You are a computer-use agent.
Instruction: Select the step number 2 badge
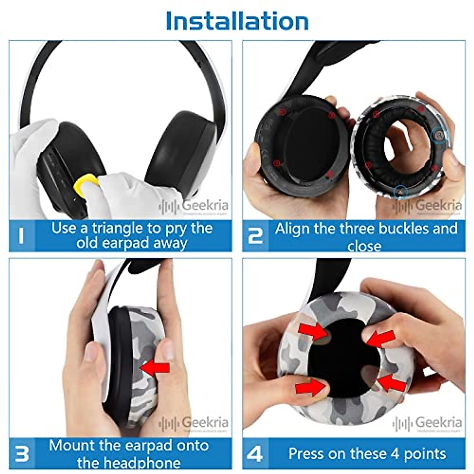point(255,236)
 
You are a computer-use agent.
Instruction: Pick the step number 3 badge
point(22,453)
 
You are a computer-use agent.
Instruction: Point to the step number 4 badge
point(255,453)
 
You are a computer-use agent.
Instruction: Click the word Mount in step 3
point(72,446)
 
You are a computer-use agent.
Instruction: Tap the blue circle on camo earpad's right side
point(439,135)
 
